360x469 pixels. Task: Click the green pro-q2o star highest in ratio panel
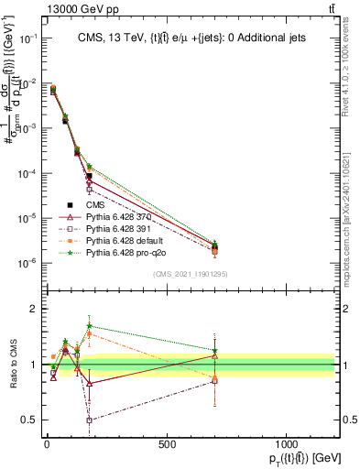[x=89, y=325]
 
